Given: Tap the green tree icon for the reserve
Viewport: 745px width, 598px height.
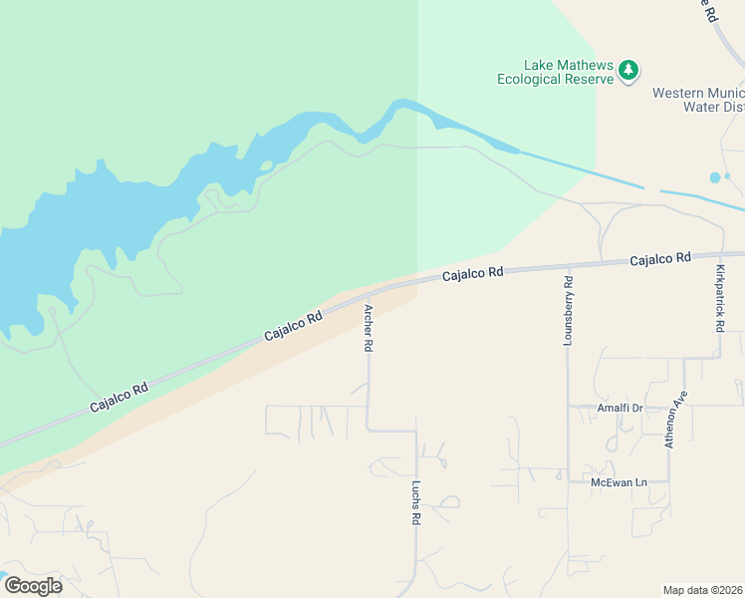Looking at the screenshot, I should point(627,70).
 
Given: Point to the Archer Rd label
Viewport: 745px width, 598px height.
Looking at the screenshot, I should point(368,328).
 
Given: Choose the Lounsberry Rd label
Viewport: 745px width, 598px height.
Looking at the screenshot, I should point(569,310).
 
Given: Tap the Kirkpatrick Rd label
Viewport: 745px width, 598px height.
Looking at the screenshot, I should point(719,298).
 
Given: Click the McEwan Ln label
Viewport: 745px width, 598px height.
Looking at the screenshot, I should point(619,482).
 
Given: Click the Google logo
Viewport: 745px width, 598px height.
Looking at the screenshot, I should point(33,586).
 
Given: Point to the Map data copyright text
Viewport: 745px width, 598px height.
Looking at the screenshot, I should point(703,590).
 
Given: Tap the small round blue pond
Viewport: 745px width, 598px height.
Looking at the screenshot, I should point(715,177).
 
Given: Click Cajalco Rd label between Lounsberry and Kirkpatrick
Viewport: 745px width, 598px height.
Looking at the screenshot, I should point(659,259).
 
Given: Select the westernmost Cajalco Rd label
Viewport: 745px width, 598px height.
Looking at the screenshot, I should point(119,395).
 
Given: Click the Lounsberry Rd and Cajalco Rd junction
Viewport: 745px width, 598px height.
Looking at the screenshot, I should point(569,266).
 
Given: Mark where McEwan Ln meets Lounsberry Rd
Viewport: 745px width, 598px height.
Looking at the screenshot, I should point(568,481).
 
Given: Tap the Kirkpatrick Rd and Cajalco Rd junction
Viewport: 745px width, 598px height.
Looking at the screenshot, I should point(719,257).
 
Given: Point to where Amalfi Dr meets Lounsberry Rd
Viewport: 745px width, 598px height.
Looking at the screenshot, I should point(568,407).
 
